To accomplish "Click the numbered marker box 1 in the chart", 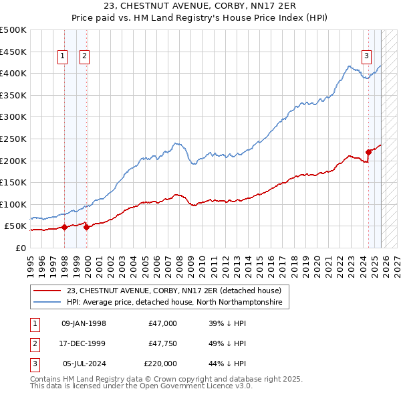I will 62,57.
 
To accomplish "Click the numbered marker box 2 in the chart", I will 85,57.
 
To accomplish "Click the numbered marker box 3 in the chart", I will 367,57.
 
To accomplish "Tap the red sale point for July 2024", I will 368,152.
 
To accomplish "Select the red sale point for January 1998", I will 64,228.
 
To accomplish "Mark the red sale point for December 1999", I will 86,227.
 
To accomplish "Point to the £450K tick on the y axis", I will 13,52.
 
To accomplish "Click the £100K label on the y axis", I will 13,204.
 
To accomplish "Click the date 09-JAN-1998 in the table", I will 84,323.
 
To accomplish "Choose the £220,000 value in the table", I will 160,364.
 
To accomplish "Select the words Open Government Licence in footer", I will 192,386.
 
